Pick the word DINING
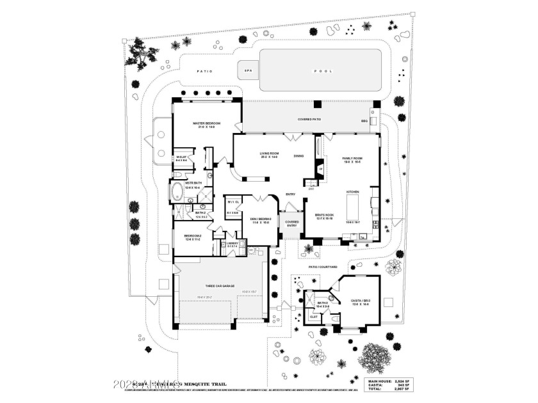(298, 155)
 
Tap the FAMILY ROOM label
(352, 160)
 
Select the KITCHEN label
(353, 192)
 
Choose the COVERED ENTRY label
(292, 223)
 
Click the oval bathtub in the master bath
(176, 191)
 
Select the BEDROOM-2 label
(193, 237)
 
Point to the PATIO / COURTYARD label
(323, 266)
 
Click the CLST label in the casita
(314, 316)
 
